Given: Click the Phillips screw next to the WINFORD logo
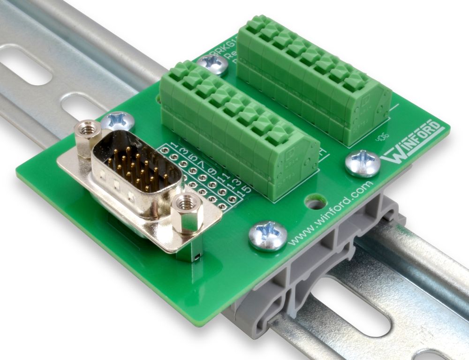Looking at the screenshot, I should [362, 163].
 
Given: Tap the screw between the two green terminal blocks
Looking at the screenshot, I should [212, 64].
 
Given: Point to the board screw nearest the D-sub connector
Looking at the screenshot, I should [118, 121].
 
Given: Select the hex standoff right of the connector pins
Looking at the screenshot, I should [187, 213].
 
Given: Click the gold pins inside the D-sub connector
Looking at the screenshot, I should [136, 171].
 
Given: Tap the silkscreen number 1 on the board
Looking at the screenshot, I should [174, 143].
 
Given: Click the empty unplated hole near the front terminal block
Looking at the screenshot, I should [315, 203].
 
